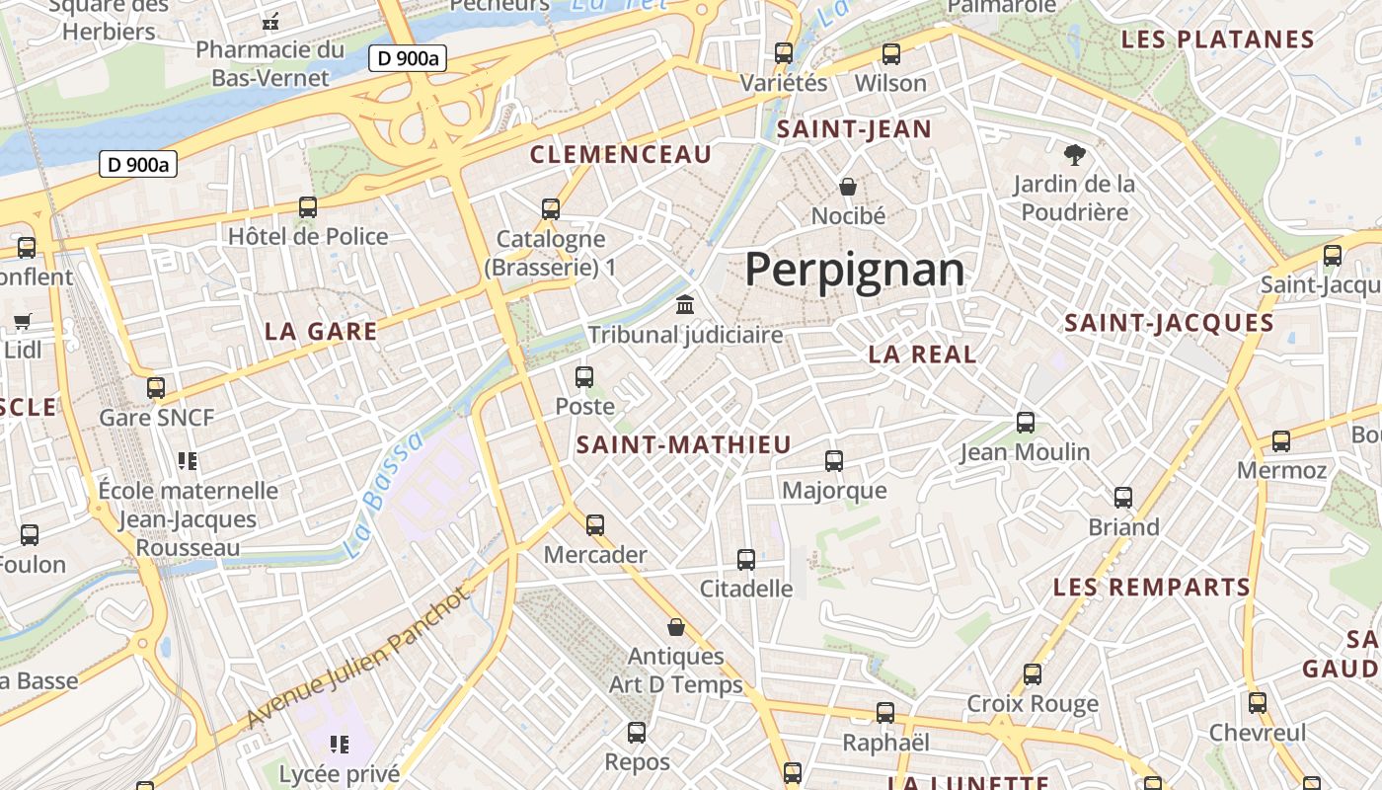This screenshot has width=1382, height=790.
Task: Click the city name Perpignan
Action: [x=854, y=269]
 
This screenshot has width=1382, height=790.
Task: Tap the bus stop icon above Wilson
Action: [x=891, y=54]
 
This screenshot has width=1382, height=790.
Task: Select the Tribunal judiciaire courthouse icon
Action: [x=685, y=305]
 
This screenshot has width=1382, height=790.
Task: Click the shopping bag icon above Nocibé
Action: [x=847, y=186]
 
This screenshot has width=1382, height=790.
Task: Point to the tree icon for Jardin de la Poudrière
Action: [x=1074, y=154]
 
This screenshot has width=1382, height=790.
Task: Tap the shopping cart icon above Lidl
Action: [x=23, y=321]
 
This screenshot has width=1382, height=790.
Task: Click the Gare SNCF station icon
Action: [x=156, y=388]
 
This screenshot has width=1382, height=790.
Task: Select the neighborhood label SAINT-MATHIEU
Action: [x=684, y=445]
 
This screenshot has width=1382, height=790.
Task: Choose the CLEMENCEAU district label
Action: [x=621, y=154]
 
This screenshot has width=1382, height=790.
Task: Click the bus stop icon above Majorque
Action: [x=834, y=461]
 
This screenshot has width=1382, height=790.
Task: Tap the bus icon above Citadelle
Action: [x=746, y=560]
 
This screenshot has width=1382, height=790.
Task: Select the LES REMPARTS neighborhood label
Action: [x=1152, y=588]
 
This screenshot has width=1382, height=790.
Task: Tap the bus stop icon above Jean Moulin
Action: [x=1026, y=423]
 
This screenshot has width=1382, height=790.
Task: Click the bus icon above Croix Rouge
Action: [x=1033, y=674]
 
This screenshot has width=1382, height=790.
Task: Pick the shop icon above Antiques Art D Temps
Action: [x=676, y=627]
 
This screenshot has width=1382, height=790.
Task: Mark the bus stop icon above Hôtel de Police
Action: [x=308, y=207]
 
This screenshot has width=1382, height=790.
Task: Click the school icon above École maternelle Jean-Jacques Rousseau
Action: [x=188, y=460]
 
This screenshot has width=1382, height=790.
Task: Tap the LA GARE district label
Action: [x=321, y=332]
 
